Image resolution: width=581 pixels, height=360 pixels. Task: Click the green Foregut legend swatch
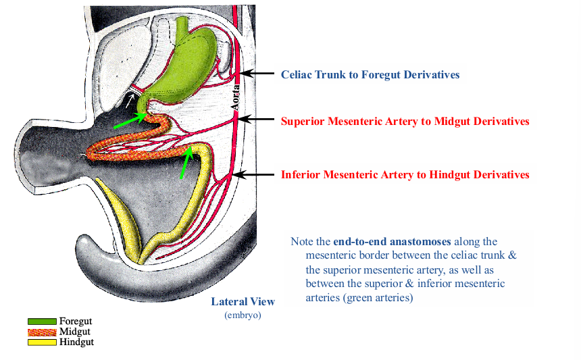pos(41,322)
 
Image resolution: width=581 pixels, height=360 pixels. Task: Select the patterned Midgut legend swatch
pos(41,332)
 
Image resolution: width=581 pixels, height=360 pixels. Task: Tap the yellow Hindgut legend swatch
pos(41,342)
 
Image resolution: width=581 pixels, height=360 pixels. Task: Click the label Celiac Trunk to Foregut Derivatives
pos(370,74)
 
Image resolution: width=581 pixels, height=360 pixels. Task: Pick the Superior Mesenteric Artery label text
pos(405,122)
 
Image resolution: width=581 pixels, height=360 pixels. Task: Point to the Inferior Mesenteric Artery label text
pos(405,175)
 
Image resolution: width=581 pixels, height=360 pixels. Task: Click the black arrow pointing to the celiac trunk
pos(260,73)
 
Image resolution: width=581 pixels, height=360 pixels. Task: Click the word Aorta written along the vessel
pos(236,97)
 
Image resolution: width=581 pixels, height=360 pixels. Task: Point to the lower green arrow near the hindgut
pos(186,161)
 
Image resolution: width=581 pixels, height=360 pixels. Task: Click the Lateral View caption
pos(243,301)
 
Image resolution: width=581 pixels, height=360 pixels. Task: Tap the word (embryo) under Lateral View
pos(243,315)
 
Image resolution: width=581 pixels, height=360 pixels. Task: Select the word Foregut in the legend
pos(75,322)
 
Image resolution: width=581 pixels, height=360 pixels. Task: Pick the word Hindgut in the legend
pos(76,342)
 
